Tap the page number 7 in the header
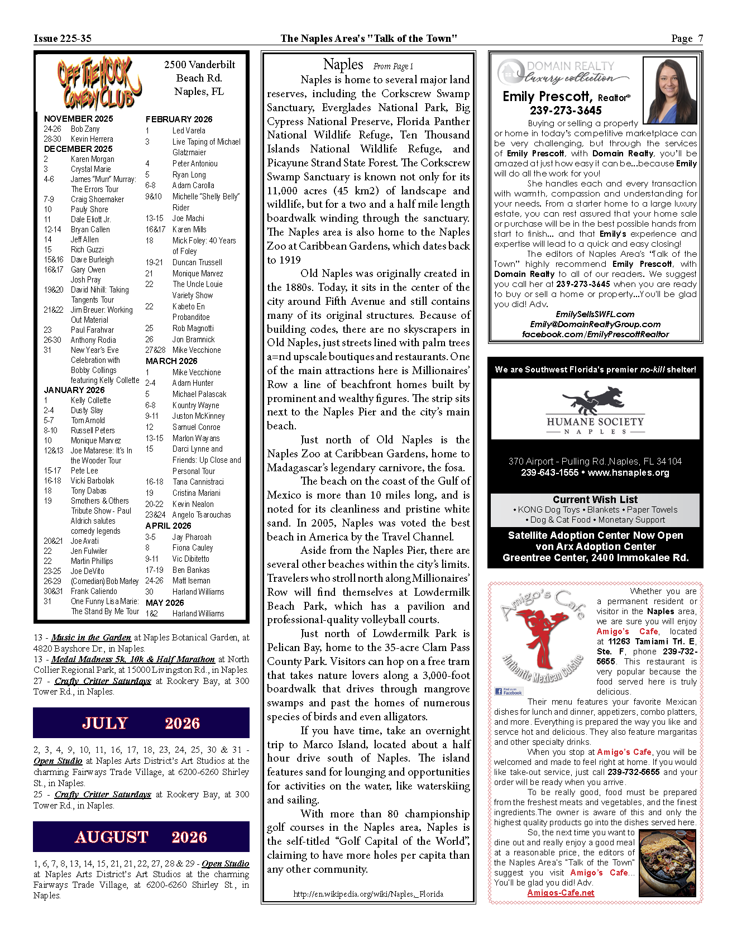tap(700, 39)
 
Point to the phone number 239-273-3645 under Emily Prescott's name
tap(566, 111)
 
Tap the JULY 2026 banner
tap(141, 723)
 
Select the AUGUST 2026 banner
tap(141, 837)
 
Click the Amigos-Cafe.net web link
tap(561, 893)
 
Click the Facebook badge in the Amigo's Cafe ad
tap(509, 691)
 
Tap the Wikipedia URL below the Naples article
tap(368, 894)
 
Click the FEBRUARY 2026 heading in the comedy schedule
tap(179, 119)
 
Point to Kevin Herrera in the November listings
tap(92, 139)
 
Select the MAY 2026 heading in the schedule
tap(165, 602)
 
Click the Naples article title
tap(343, 65)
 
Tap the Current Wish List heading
tap(595, 500)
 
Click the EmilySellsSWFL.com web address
tap(595, 314)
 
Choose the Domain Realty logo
tap(564, 71)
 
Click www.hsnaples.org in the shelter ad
tap(628, 472)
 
